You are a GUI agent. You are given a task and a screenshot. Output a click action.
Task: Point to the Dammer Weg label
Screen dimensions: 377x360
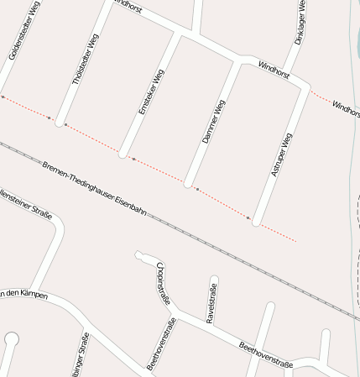coord(215,121)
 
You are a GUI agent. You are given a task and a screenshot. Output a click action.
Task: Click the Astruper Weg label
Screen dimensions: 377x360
coord(282,154)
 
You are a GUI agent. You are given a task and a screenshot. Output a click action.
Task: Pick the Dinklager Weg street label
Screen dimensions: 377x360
coord(300,23)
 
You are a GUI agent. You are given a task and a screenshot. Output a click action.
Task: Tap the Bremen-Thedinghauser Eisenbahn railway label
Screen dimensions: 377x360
coord(94,188)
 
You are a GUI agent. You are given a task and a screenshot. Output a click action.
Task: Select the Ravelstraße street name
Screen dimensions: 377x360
coord(211,303)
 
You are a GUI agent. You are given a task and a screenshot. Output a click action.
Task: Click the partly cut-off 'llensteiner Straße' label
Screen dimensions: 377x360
coord(25,205)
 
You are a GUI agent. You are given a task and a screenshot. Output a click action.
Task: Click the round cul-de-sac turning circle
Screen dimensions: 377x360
coord(12,339)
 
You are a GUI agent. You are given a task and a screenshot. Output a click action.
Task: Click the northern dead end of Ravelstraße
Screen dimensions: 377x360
coord(214,279)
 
